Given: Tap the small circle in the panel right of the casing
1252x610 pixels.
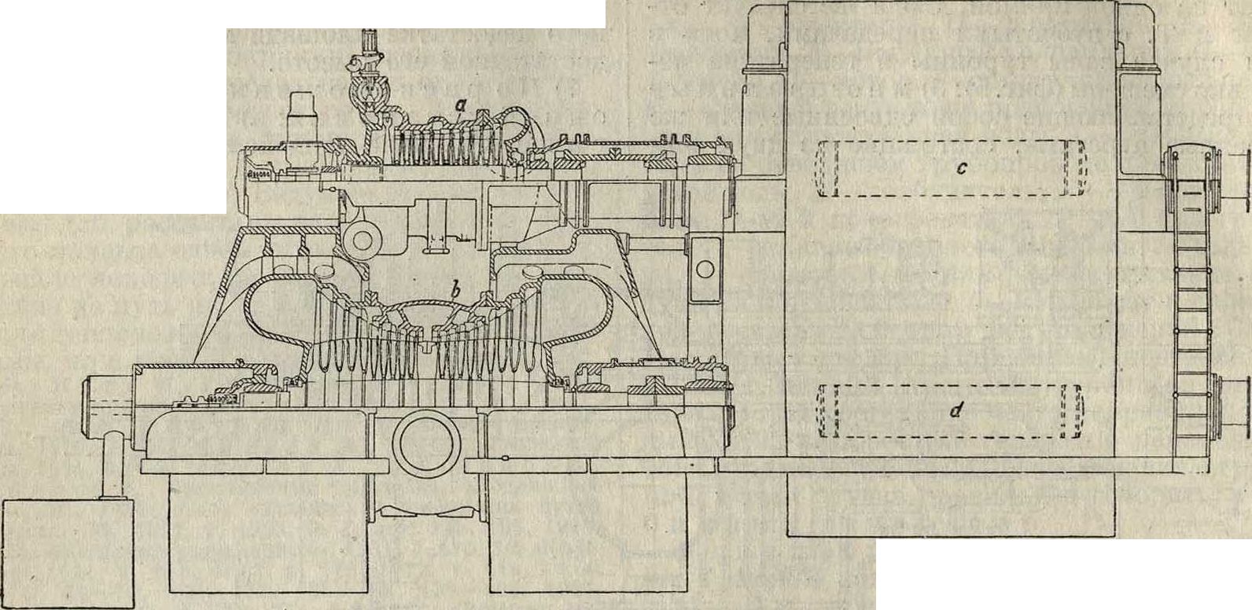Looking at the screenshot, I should [705, 269].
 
